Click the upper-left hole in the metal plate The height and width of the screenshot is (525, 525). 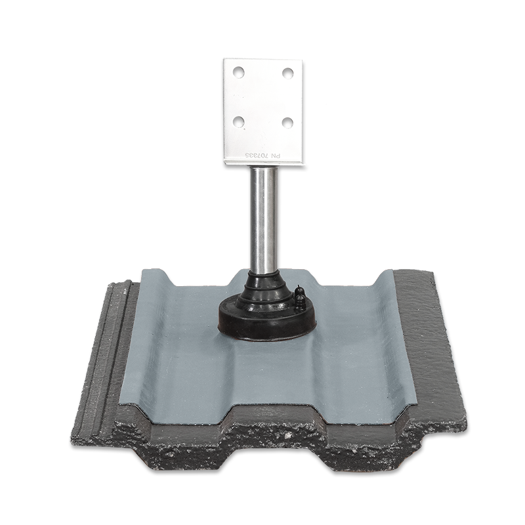tap(239, 72)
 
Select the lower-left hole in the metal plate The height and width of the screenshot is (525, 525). tap(239, 121)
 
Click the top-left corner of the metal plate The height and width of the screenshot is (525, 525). tap(223, 60)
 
